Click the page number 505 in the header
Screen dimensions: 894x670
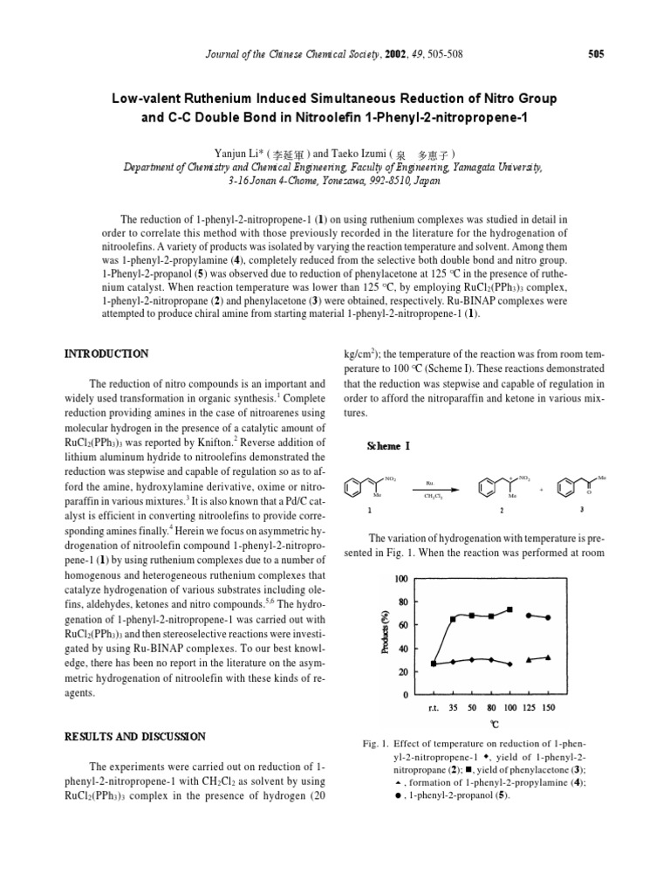pyautogui.click(x=597, y=54)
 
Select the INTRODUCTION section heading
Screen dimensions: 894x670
pyautogui.click(x=107, y=354)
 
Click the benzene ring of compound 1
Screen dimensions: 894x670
pyautogui.click(x=353, y=485)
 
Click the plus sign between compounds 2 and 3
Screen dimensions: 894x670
pyautogui.click(x=541, y=490)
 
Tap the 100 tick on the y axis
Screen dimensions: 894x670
pyautogui.click(x=400, y=580)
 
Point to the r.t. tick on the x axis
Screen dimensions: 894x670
pyautogui.click(x=434, y=707)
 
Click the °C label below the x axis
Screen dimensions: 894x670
pyautogui.click(x=494, y=725)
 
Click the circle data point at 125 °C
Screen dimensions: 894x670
pyautogui.click(x=529, y=615)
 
